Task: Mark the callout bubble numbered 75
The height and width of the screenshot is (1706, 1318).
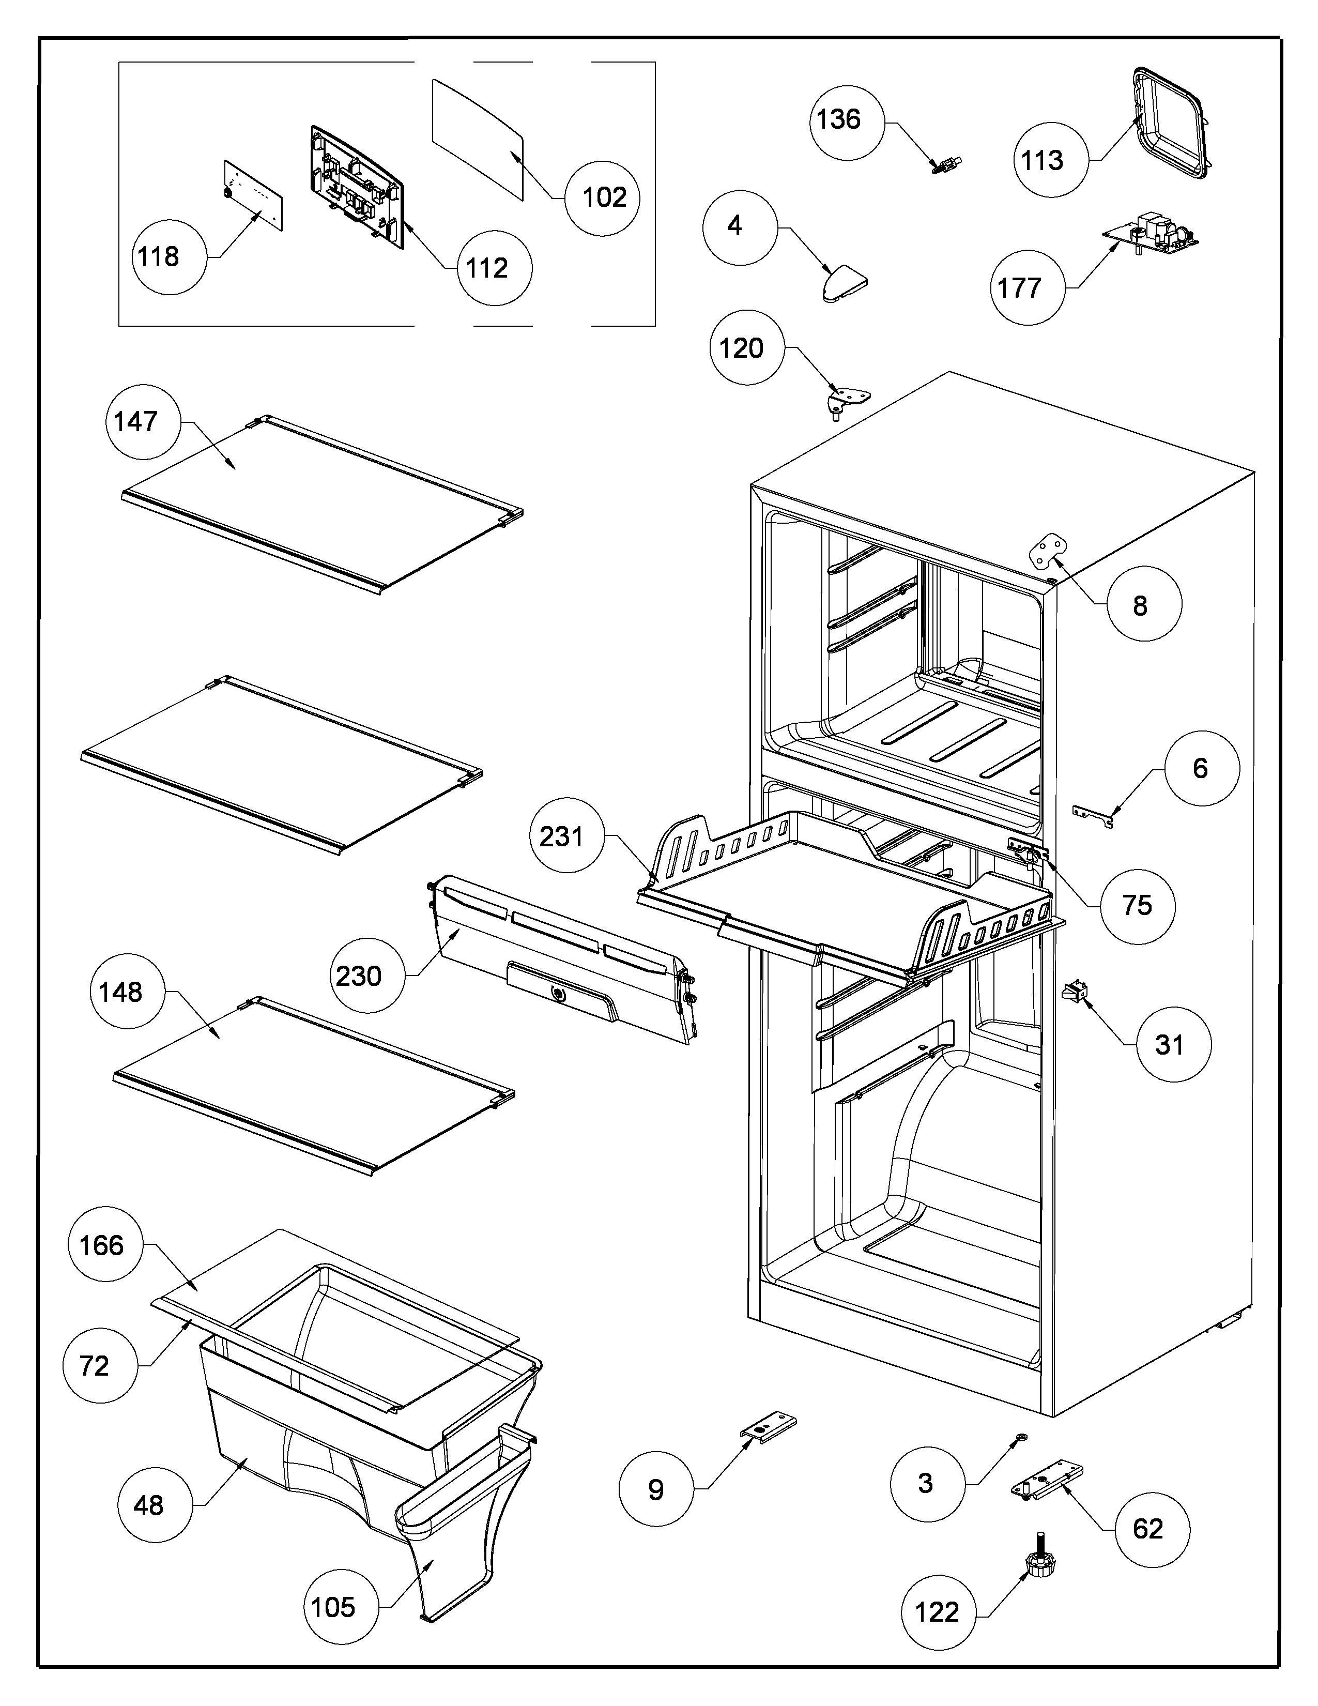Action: pos(1137,906)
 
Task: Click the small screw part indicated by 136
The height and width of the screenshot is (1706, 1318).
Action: pos(946,165)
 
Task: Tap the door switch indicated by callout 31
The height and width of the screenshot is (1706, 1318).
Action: pos(1071,994)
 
